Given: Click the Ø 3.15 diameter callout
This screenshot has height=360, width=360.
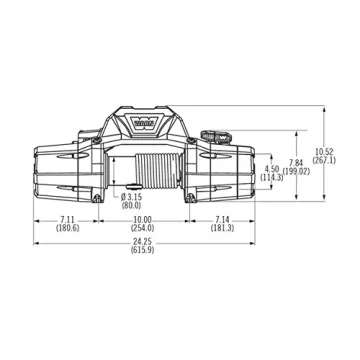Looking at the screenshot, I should (132, 198).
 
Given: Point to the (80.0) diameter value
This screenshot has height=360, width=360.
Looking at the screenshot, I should (132, 206).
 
